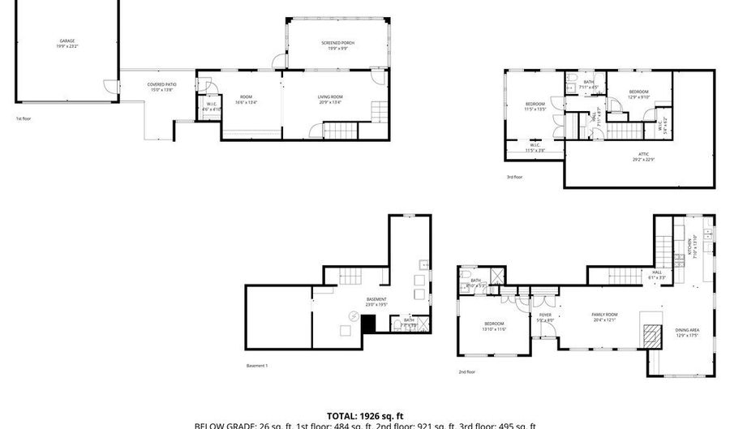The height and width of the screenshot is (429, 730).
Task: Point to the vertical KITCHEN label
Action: (691, 246)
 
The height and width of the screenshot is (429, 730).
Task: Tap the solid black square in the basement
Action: (369, 324)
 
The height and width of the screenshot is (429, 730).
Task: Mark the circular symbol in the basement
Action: (353, 315)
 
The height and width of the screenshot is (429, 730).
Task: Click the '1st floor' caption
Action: (24, 119)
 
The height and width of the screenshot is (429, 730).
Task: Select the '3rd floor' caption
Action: (515, 176)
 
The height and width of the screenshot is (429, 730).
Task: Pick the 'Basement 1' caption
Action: (256, 366)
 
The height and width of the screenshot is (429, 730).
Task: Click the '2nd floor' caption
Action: (466, 372)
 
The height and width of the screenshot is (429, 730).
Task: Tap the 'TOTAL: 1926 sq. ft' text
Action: (365, 415)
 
